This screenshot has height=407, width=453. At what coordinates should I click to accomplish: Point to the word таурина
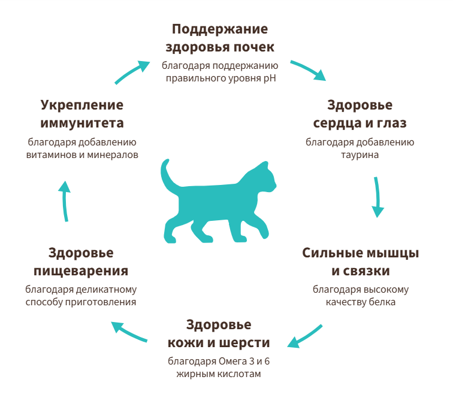[360, 154]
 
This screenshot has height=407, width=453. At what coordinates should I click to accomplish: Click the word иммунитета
[82, 123]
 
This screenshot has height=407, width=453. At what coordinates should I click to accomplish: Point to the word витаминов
[50, 154]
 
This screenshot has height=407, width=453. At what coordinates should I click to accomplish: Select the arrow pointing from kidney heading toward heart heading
[307, 69]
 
